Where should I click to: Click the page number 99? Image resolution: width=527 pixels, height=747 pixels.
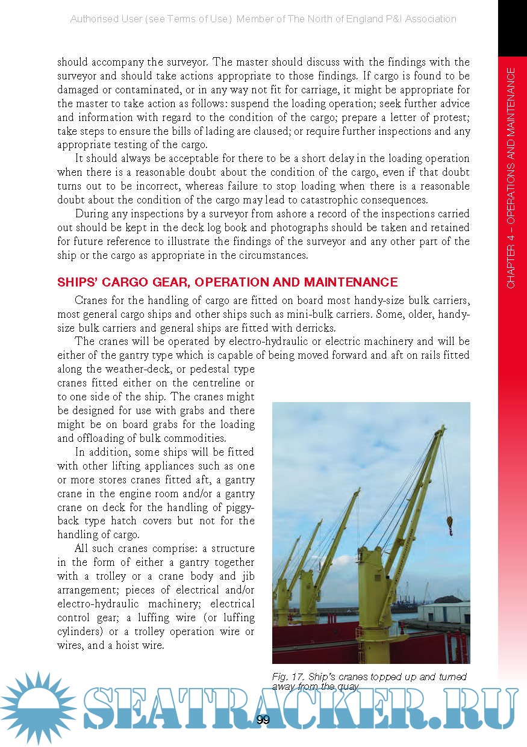[x=263, y=720]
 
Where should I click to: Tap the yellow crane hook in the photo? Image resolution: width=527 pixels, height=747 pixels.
[x=449, y=524]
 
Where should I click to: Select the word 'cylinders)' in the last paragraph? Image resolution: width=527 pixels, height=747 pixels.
[x=81, y=631]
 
